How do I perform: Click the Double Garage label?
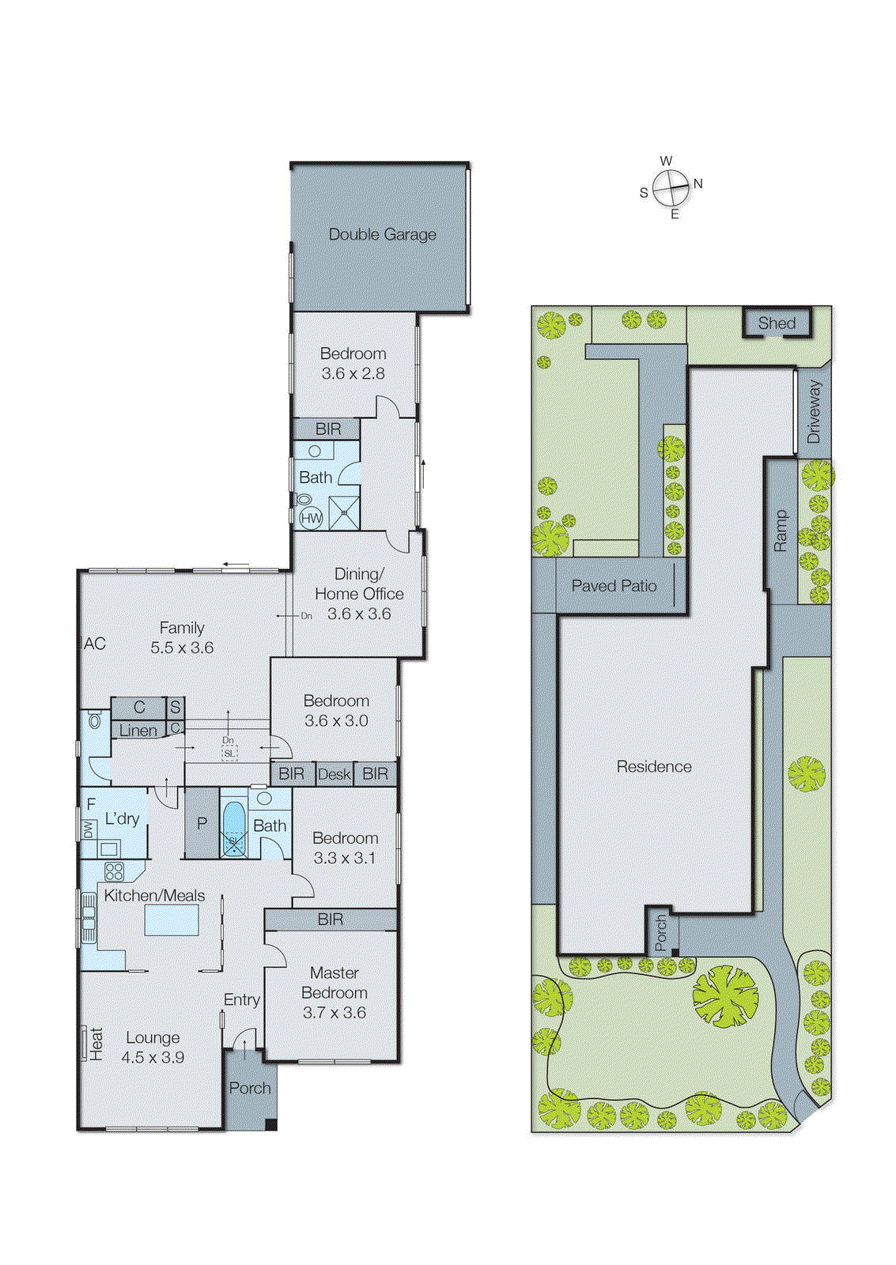[382, 234]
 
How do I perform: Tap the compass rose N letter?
[698, 183]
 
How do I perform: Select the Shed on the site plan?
[777, 323]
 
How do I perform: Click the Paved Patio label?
[614, 586]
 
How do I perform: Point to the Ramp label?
[781, 531]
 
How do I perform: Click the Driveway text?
[814, 411]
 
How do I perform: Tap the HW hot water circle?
[312, 519]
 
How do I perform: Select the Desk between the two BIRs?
[334, 774]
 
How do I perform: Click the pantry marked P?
[202, 823]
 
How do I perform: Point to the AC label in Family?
[95, 644]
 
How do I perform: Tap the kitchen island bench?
[172, 920]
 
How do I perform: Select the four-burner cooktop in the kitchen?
[115, 871]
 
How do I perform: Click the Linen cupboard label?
[138, 731]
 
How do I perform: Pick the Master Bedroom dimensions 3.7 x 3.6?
[334, 1012]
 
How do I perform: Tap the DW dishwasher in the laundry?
[88, 829]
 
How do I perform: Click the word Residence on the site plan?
[653, 766]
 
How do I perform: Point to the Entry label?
[241, 1000]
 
